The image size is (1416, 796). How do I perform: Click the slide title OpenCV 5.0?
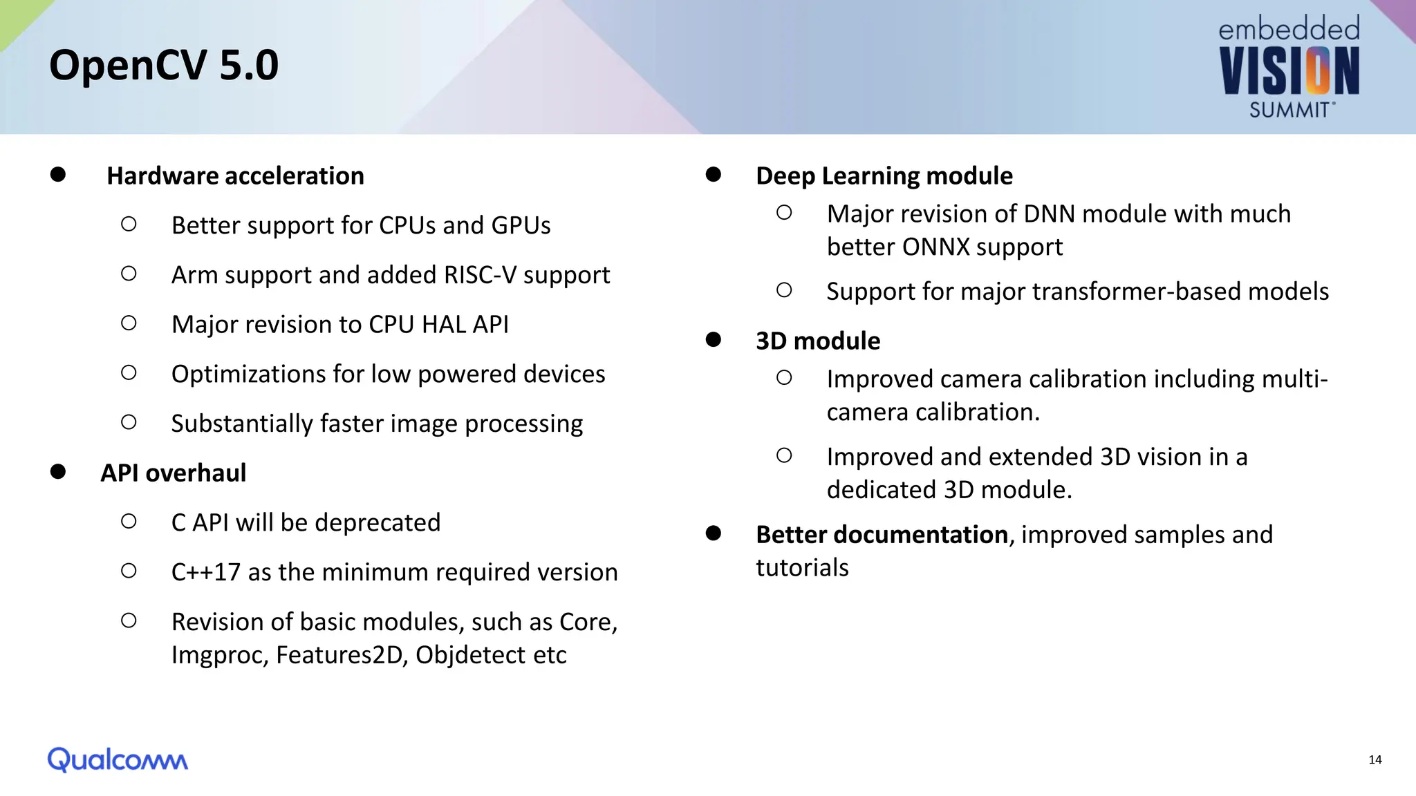click(x=164, y=65)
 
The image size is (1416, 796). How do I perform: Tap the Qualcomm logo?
click(x=118, y=759)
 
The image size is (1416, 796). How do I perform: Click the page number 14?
click(x=1375, y=760)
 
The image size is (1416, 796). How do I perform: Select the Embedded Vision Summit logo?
click(x=1289, y=68)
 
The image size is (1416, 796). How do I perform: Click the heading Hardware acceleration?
click(x=235, y=176)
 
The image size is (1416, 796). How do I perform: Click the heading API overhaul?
click(x=173, y=473)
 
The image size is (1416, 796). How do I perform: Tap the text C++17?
click(x=205, y=572)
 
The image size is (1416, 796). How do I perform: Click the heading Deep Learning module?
click(x=884, y=176)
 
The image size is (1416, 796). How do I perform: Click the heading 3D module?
click(x=817, y=341)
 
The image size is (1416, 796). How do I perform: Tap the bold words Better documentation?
click(x=882, y=535)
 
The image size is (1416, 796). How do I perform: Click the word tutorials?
click(x=802, y=568)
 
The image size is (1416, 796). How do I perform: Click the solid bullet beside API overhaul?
click(x=58, y=472)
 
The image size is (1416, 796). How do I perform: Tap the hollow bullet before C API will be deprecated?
click(x=129, y=521)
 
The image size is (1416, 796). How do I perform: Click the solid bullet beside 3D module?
click(x=714, y=339)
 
